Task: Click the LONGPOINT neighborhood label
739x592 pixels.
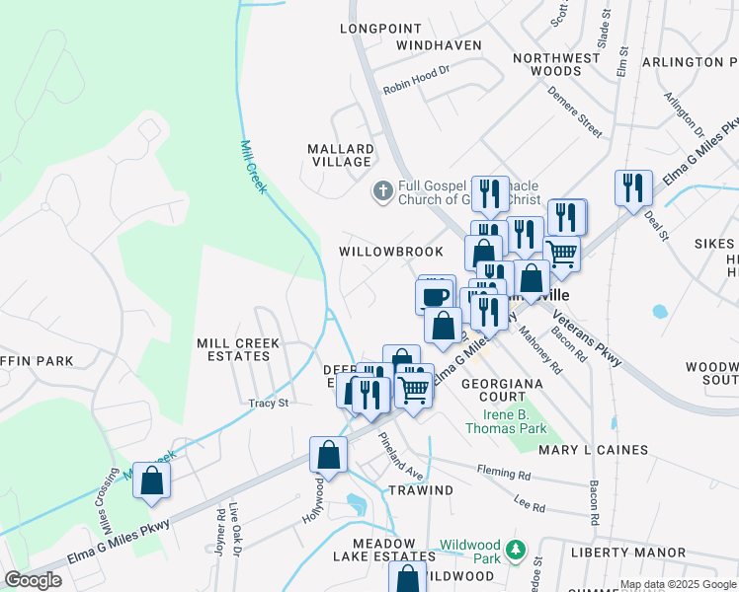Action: point(380,29)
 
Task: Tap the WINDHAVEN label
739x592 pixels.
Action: point(439,45)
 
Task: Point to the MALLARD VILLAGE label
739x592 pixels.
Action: point(341,156)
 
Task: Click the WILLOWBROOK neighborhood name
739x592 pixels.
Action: point(391,252)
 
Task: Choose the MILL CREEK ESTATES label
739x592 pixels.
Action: point(238,350)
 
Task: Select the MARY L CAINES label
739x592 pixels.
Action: point(593,450)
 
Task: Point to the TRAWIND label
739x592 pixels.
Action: point(421,490)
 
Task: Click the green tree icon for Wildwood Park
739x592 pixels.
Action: point(514,550)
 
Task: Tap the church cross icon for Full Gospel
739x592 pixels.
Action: point(382,189)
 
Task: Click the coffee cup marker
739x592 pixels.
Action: point(435,295)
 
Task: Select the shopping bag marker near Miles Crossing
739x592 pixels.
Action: point(151,481)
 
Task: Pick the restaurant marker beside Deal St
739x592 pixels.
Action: point(632,187)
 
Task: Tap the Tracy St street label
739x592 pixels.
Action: point(268,403)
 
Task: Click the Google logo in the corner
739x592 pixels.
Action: point(33,580)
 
